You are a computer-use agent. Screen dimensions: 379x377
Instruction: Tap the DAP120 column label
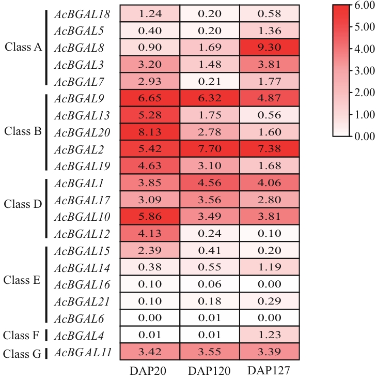point(210,370)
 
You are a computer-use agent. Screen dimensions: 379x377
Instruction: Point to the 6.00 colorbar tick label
point(364,6)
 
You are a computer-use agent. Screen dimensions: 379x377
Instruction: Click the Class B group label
point(23,131)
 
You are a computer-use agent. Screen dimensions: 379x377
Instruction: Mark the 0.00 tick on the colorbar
point(364,137)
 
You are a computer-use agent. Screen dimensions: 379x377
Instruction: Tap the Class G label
point(22,354)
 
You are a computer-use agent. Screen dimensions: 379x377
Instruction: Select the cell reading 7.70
point(210,149)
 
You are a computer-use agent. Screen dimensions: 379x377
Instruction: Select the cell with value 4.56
point(210,183)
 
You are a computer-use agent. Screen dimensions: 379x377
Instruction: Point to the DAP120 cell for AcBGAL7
point(210,81)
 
